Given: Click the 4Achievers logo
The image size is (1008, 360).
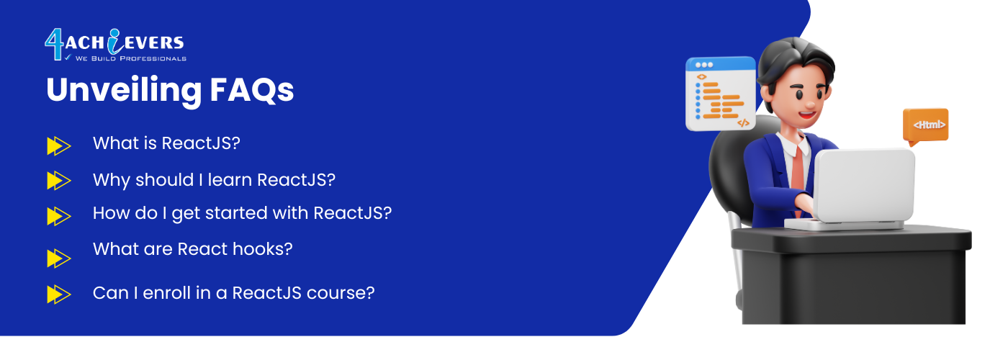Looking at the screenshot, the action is click(x=115, y=45).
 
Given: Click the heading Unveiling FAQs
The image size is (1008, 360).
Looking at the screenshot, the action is click(x=170, y=91).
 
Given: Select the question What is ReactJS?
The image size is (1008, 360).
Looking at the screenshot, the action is click(x=166, y=143).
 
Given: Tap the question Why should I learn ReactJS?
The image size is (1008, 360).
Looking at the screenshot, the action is click(x=215, y=180).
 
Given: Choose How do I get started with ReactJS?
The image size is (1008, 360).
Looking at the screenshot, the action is click(x=242, y=213).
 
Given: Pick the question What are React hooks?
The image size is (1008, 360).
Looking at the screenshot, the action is click(x=193, y=249).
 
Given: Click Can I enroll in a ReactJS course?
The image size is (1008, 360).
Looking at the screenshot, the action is click(x=233, y=293).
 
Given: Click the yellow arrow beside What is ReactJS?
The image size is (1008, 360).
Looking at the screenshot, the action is click(x=58, y=145).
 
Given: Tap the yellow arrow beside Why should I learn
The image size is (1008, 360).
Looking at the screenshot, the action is click(x=58, y=181).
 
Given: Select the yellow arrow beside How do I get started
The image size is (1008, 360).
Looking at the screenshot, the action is click(x=58, y=216).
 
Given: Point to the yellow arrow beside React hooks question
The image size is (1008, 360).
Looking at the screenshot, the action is click(x=58, y=258).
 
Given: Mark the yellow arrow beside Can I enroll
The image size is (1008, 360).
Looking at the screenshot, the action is click(x=58, y=294).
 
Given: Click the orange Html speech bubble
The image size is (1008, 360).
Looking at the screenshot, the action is click(x=926, y=126).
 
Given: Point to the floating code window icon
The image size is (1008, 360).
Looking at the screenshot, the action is click(x=721, y=94).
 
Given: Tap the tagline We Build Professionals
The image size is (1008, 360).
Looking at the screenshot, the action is click(x=130, y=58).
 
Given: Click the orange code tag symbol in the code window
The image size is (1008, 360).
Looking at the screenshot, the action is click(x=743, y=123).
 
